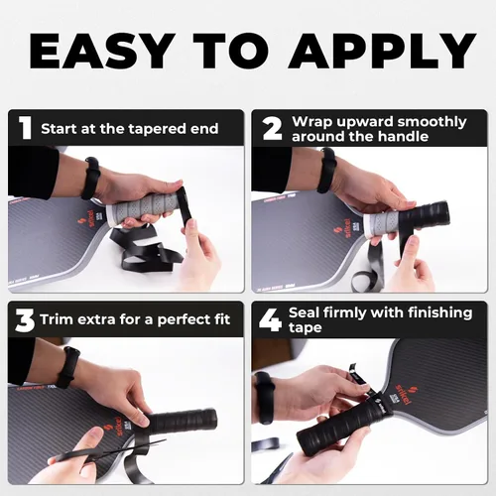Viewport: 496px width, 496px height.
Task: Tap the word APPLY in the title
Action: pos(382,51)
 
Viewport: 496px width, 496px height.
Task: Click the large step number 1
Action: pos(25,128)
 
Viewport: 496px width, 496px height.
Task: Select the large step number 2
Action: pos(272,128)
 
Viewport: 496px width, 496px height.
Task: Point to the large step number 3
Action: pos(25,320)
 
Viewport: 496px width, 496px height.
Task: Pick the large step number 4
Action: pos(271,319)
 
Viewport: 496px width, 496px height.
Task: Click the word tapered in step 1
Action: pos(158,129)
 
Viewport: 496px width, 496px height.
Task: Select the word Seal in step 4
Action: pos(305,312)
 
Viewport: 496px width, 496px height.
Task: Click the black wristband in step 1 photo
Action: pos(90,178)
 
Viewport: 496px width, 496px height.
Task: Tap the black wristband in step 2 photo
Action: pos(326,170)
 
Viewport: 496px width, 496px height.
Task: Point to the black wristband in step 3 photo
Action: pos(67,367)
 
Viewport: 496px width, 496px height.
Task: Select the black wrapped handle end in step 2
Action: pos(425,216)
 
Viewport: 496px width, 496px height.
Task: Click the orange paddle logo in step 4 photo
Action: pos(407,395)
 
